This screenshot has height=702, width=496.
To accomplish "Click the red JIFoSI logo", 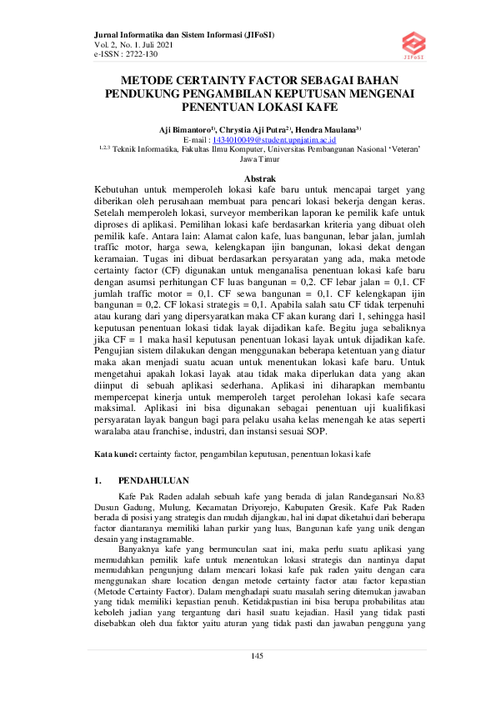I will point(413,43).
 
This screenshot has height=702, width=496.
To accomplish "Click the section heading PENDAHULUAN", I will point(154,481).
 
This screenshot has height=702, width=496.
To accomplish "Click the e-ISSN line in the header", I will point(125,53).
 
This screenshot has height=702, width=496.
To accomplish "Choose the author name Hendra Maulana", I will point(328,131).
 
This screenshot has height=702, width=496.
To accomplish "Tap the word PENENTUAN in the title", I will point(218,108).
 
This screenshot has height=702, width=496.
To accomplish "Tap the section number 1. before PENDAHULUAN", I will point(98,481).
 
